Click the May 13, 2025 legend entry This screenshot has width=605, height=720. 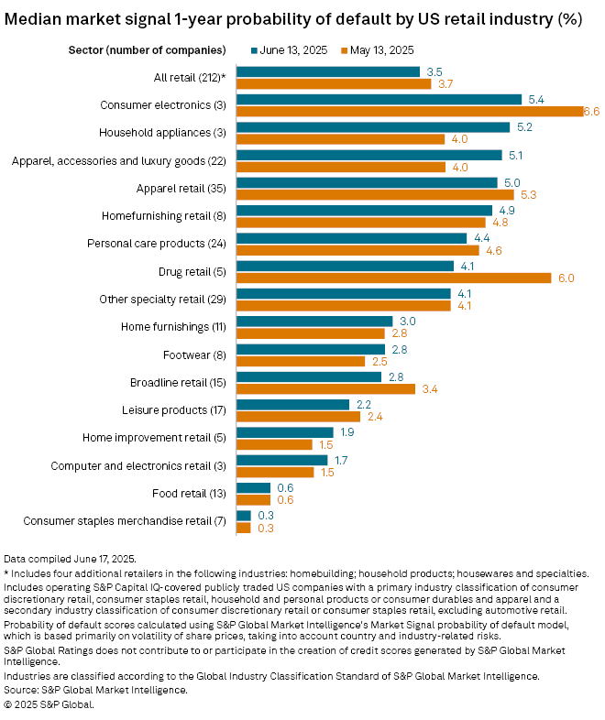(382, 49)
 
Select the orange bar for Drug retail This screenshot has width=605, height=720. (394, 278)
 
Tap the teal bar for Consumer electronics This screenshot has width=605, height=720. (379, 99)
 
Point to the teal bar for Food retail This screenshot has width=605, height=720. (254, 487)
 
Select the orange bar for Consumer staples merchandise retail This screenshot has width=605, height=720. (244, 528)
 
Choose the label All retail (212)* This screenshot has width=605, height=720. (188, 78)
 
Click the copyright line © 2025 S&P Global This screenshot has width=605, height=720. (49, 704)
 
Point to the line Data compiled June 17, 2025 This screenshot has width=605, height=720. (70, 558)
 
